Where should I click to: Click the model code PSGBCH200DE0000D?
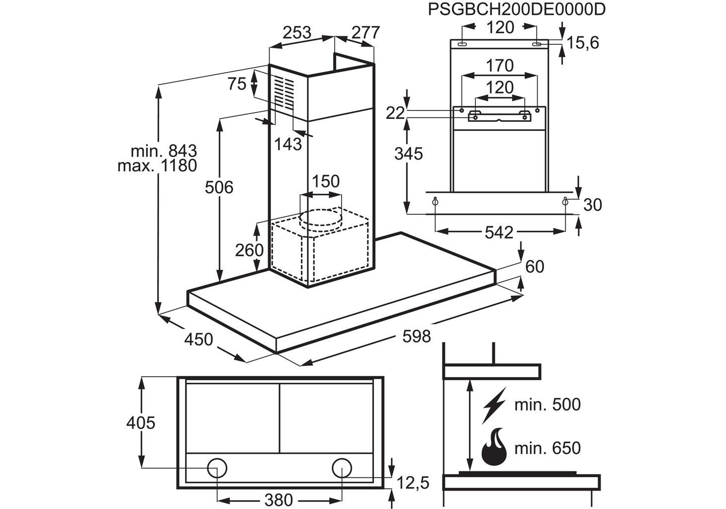coord(517,10)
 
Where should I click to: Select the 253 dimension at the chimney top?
coord(297,32)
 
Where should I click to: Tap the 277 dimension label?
coord(365,32)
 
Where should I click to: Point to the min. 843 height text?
coord(164,151)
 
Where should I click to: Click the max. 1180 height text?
coord(157,166)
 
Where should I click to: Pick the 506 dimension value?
coord(219,187)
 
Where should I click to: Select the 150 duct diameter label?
coord(326,181)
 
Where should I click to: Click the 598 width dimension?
coord(417,337)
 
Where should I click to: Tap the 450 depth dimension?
coord(199,339)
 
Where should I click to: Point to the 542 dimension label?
coord(499,232)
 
